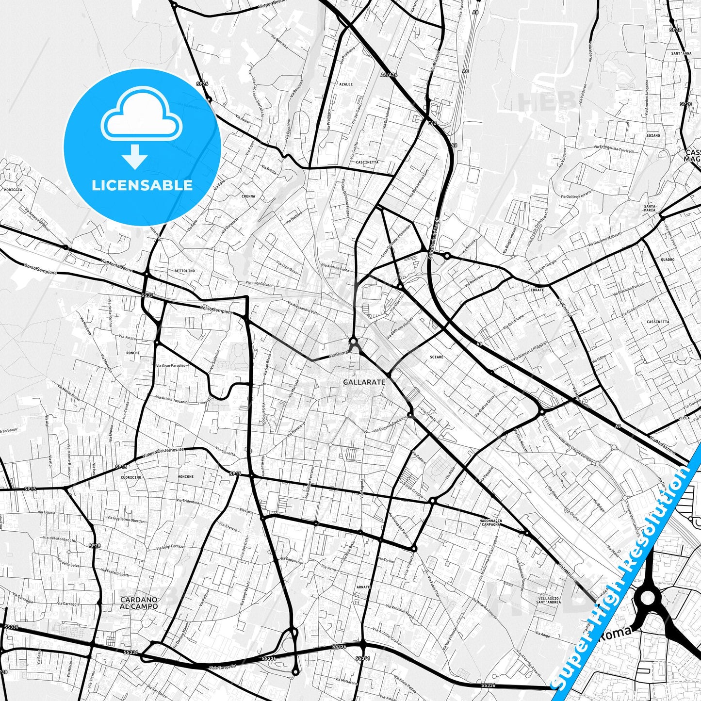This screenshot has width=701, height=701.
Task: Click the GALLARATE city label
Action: point(364,382)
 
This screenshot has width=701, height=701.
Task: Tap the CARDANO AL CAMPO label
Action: point(139,603)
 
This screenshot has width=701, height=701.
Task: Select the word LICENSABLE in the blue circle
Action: point(142,185)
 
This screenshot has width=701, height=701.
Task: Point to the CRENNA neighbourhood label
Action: point(248,196)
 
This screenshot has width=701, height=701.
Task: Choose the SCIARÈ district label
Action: point(437,357)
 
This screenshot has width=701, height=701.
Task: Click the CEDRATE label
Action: point(536,290)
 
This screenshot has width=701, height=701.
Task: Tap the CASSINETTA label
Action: point(658,322)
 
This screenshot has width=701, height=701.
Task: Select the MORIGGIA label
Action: point(13,190)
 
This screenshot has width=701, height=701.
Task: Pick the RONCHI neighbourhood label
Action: point(133,353)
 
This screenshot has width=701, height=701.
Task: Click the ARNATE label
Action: point(363,587)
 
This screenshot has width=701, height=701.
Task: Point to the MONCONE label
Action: point(186,476)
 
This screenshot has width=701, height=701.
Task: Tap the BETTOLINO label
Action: point(184,271)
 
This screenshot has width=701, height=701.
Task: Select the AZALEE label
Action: point(346,84)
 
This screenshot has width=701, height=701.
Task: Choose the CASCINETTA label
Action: point(367,162)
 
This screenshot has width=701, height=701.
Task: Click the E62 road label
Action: point(432,123)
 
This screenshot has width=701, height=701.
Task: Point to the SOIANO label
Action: point(653,135)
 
